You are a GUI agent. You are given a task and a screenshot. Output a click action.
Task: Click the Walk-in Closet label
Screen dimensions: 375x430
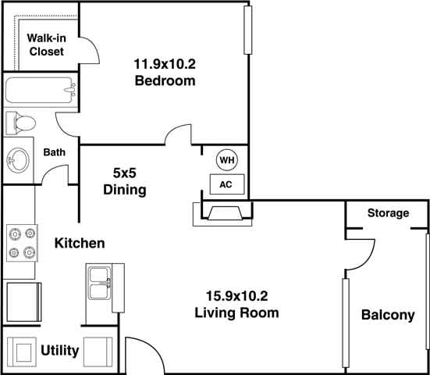(x=46, y=45)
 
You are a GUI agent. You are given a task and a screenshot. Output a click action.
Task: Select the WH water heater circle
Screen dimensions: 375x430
(x=226, y=160)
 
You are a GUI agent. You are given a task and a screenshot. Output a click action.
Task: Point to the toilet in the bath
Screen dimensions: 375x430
(x=22, y=123)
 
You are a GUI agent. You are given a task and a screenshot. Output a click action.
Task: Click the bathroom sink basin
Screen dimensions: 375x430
(x=17, y=161)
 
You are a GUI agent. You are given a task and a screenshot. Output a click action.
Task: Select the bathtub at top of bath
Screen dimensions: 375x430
(x=40, y=91)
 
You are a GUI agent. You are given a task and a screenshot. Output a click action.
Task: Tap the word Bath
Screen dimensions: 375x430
(x=54, y=152)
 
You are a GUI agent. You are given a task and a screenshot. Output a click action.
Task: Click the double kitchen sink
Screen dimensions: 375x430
(x=100, y=283)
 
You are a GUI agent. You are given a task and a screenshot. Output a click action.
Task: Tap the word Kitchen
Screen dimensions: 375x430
(x=79, y=244)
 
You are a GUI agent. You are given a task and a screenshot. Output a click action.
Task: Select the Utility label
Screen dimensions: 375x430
(x=60, y=351)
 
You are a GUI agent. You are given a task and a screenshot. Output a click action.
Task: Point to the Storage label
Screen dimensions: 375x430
(x=388, y=212)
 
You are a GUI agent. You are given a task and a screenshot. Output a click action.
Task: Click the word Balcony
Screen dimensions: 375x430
(x=387, y=316)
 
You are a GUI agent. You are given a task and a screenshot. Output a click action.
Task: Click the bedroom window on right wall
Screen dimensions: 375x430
(x=248, y=39)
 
